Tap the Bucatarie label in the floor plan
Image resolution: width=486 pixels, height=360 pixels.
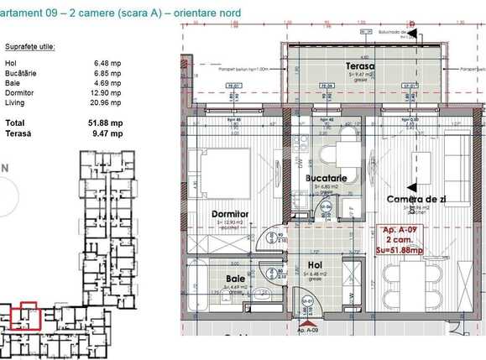330,180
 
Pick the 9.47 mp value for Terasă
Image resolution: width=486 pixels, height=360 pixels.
107,133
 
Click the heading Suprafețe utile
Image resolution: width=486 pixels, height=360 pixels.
30,46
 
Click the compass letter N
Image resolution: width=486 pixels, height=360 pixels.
5,168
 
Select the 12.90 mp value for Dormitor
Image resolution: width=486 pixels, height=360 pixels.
106,93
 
